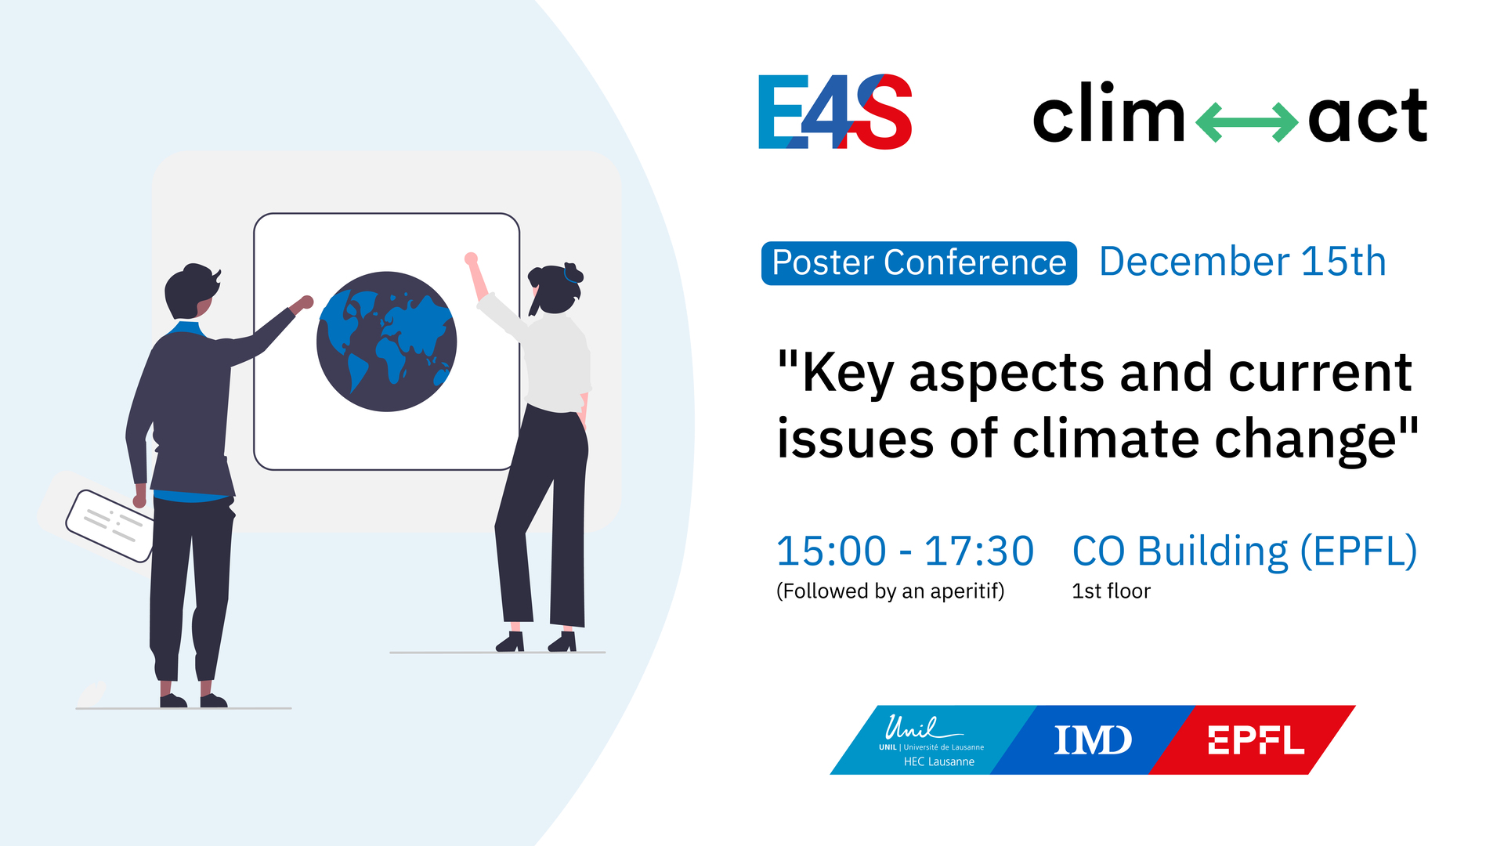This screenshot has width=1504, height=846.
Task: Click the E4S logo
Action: tap(835, 112)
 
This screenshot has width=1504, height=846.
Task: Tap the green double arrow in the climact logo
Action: tap(1246, 122)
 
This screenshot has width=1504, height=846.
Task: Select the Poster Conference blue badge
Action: tap(919, 263)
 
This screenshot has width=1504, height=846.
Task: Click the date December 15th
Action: tap(1242, 262)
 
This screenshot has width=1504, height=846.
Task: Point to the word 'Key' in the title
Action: tap(848, 373)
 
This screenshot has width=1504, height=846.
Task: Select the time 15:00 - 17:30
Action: tap(905, 551)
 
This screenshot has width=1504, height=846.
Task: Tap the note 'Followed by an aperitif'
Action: tap(890, 591)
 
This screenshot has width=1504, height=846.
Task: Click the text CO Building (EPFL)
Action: tap(1244, 551)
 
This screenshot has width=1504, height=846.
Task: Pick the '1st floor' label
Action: tap(1111, 591)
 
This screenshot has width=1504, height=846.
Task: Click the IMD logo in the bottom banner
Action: tap(1093, 740)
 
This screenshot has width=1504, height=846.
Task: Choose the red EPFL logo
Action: tap(1256, 740)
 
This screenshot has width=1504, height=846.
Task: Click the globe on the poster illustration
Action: tap(386, 342)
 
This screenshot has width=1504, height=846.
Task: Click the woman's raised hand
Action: tap(471, 258)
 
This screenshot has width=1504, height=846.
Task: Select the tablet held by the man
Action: tap(110, 526)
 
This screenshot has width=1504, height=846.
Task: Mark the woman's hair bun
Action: tap(573, 272)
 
